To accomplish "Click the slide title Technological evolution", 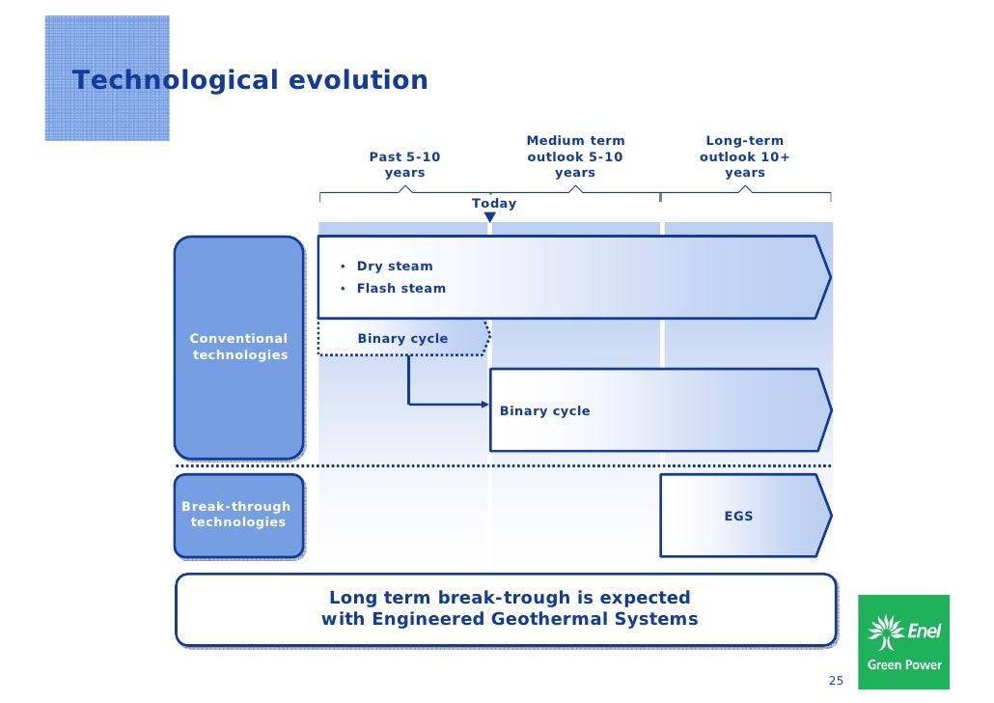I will pyautogui.click(x=250, y=80).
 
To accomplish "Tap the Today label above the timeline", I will pyautogui.click(x=493, y=204).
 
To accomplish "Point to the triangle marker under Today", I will pyautogui.click(x=489, y=218).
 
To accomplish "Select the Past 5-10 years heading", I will pyautogui.click(x=404, y=164).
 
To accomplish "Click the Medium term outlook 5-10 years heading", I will pyautogui.click(x=575, y=156).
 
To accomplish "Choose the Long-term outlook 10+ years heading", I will pyautogui.click(x=744, y=156).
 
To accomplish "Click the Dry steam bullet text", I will pyautogui.click(x=395, y=267).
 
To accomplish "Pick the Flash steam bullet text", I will pyautogui.click(x=401, y=288).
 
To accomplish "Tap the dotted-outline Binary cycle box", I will pyautogui.click(x=403, y=339).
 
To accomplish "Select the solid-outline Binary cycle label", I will pyautogui.click(x=544, y=411).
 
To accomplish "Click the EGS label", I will pyautogui.click(x=738, y=517).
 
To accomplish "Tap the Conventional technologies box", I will pyautogui.click(x=238, y=347).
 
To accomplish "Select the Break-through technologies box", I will pyautogui.click(x=237, y=515).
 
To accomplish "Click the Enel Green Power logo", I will pyautogui.click(x=903, y=643).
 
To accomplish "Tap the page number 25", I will pyautogui.click(x=836, y=681).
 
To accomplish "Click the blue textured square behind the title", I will pyautogui.click(x=107, y=77).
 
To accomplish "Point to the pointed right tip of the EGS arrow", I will pyautogui.click(x=829, y=516).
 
